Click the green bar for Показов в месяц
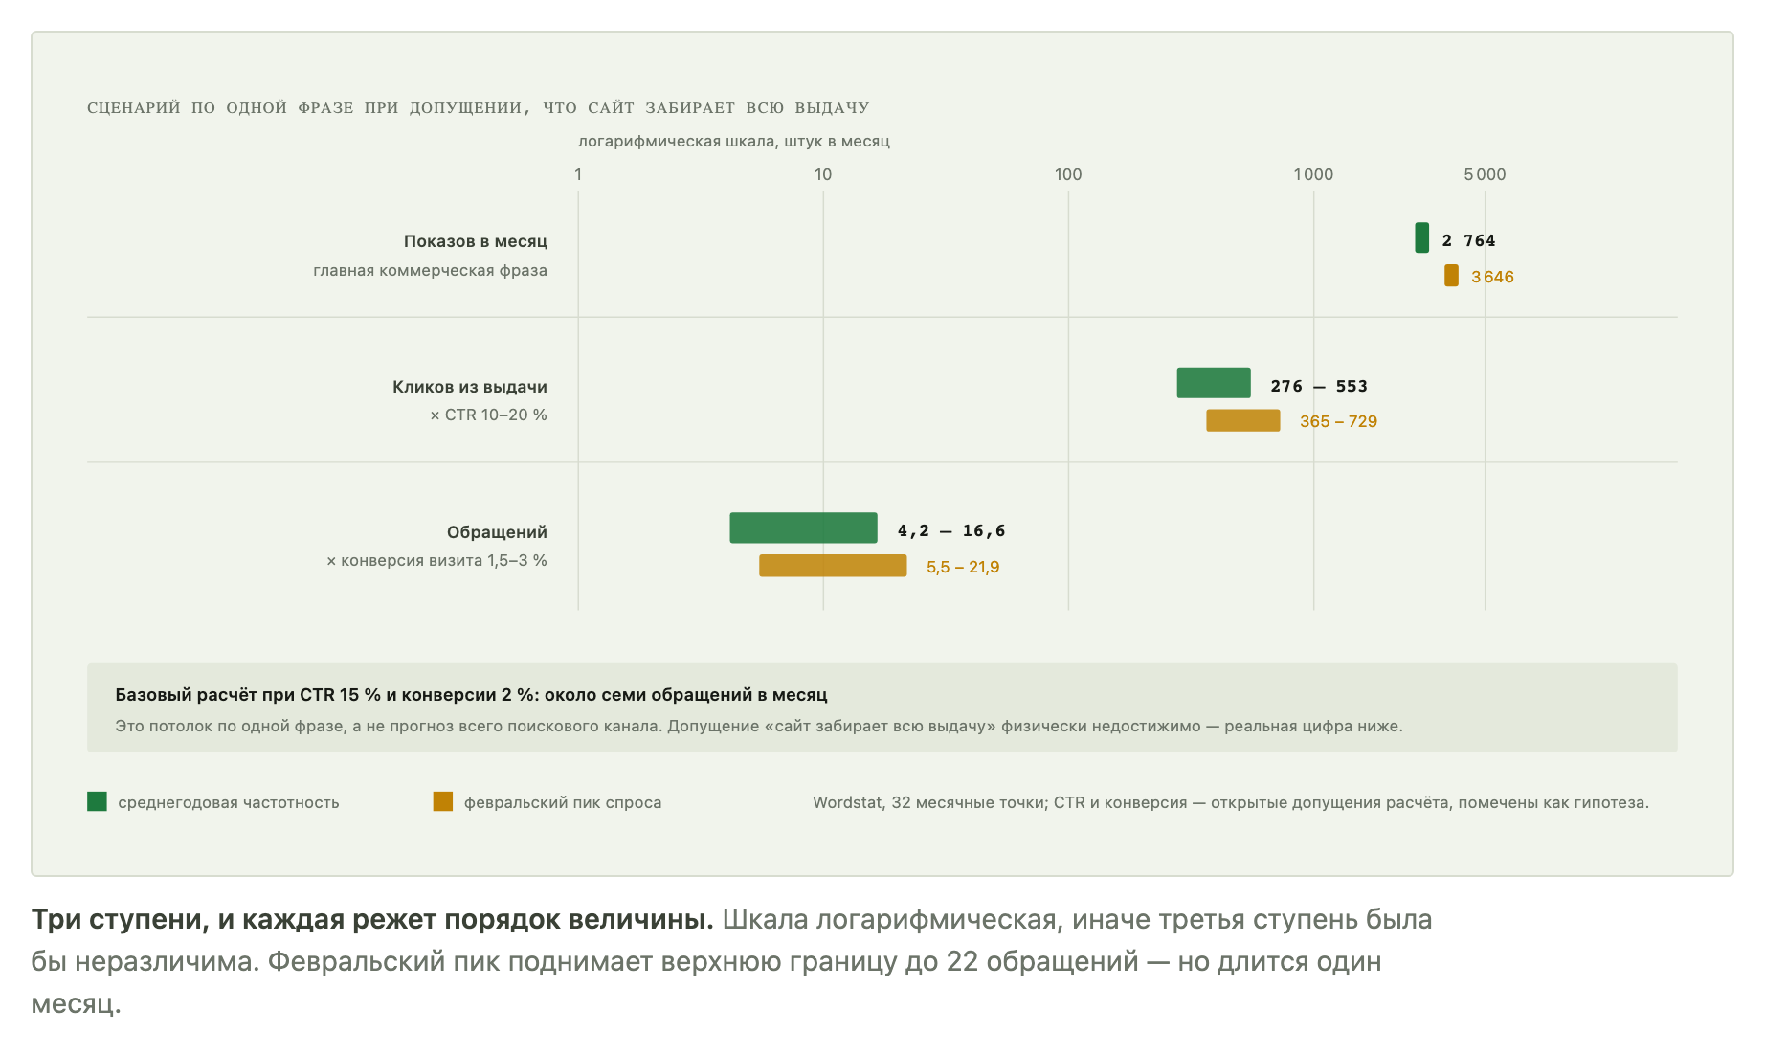[1421, 237]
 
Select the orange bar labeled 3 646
[1451, 276]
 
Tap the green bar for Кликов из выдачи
[1214, 382]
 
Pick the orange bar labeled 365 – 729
[1242, 420]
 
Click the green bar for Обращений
[803, 527]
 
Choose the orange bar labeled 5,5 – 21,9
[833, 566]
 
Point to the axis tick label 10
[823, 174]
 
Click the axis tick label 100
[1068, 174]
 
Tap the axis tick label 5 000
[1485, 174]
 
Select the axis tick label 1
[578, 174]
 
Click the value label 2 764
[1468, 240]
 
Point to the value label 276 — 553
[1319, 386]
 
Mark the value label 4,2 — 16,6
[951, 530]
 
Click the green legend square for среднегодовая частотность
[97, 801]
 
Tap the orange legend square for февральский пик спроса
[442, 801]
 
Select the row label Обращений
[497, 532]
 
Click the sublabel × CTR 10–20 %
[488, 415]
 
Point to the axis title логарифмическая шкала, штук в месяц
[734, 142]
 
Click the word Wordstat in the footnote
[847, 802]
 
